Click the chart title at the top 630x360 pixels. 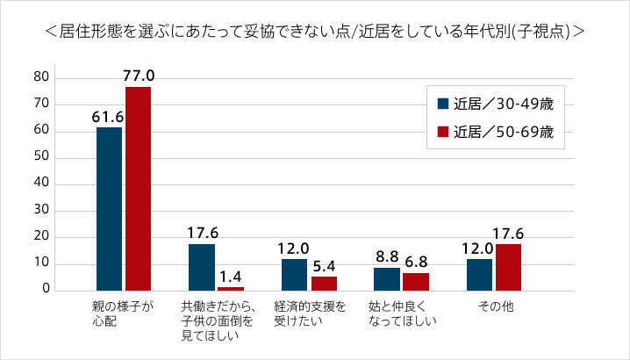(x=315, y=32)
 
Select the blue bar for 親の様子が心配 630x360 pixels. (x=110, y=209)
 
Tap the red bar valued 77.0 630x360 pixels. (x=138, y=189)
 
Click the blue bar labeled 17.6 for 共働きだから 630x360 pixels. (x=202, y=267)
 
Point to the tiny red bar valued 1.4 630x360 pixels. (x=230, y=288)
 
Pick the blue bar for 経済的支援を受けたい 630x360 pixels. (x=295, y=274)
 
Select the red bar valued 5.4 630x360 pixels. (x=323, y=283)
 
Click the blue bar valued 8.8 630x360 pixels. (x=387, y=278)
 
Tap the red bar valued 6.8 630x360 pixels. (x=415, y=281)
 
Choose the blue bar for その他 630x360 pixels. (x=480, y=274)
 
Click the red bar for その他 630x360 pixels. (x=508, y=267)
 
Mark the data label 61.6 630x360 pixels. (x=109, y=116)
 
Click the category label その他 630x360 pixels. (x=493, y=306)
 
